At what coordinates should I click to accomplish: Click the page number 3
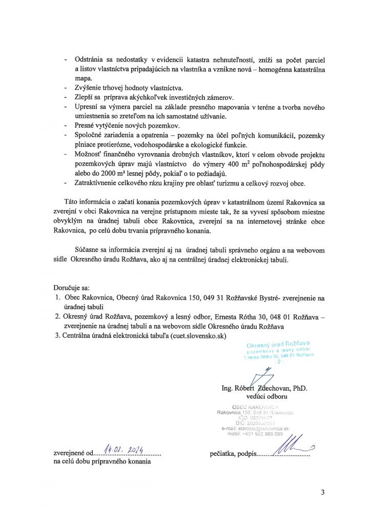click(x=323, y=493)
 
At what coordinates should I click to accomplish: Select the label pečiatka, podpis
click(x=232, y=454)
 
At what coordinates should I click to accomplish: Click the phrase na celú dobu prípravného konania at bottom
click(x=102, y=462)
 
